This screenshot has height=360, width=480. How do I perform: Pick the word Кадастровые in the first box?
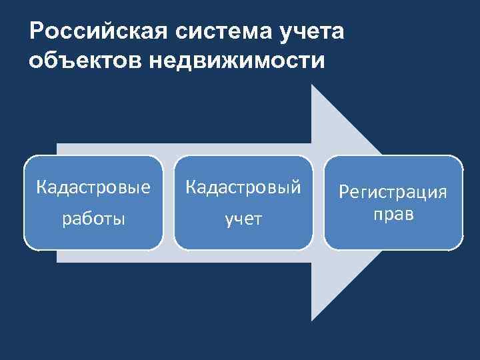[93, 187]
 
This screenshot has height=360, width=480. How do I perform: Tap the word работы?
[93, 218]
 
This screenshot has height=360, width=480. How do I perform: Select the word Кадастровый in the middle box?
[243, 187]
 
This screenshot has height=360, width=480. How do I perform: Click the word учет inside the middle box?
[243, 219]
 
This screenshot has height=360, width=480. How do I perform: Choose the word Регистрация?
[393, 193]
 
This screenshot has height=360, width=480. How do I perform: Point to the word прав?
[393, 215]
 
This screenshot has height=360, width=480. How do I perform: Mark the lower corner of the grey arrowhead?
[313, 319]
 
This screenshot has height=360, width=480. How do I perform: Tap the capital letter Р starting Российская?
[37, 33]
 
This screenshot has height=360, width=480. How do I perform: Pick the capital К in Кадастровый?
[190, 187]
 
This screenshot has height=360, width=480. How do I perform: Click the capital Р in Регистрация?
[345, 193]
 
